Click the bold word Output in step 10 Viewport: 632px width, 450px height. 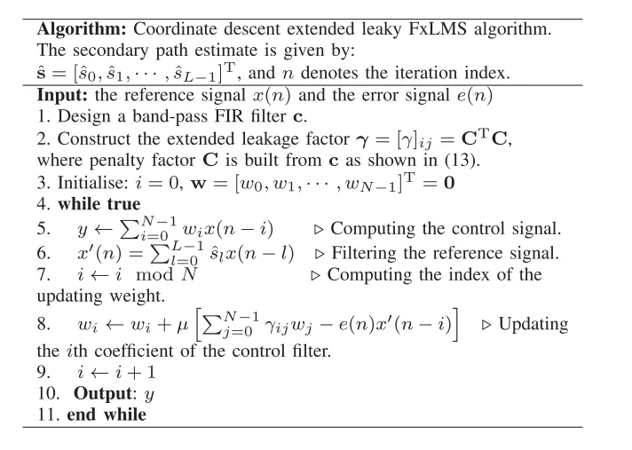point(105,393)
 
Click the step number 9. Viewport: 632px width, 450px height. point(43,373)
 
